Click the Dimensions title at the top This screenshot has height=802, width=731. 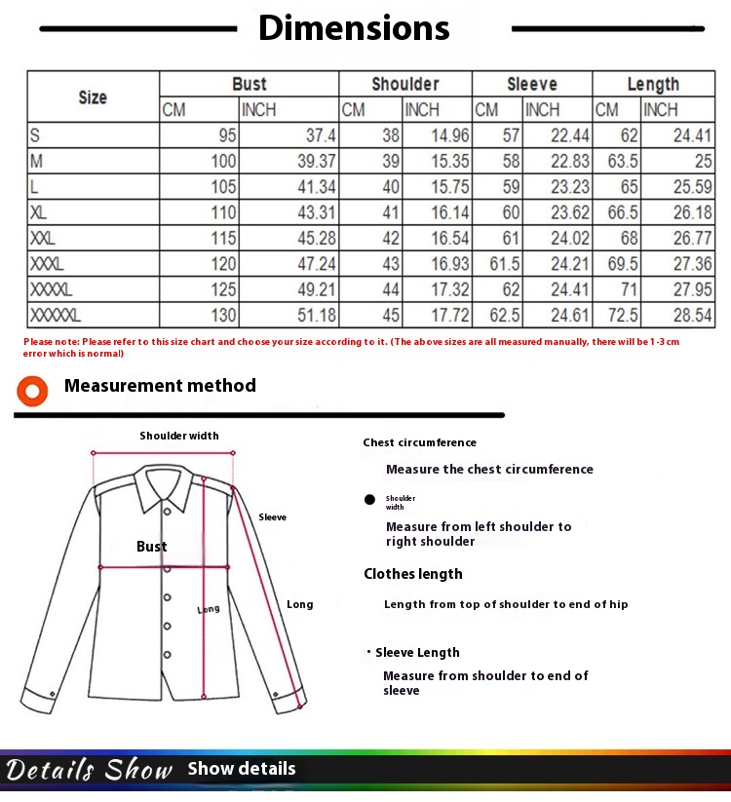click(354, 28)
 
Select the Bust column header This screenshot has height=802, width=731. click(250, 84)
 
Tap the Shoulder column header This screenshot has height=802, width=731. click(405, 84)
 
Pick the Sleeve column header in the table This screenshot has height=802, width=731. click(532, 84)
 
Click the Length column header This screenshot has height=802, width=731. click(653, 84)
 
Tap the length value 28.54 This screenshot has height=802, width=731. click(693, 315)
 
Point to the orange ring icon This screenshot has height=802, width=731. click(33, 392)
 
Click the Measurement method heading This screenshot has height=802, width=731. click(160, 386)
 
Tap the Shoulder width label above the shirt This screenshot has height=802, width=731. click(179, 436)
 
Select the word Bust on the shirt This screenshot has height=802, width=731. click(151, 547)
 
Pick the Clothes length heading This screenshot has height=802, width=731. click(413, 574)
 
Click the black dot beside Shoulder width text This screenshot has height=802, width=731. click(369, 500)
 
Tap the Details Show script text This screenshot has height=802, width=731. click(89, 770)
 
